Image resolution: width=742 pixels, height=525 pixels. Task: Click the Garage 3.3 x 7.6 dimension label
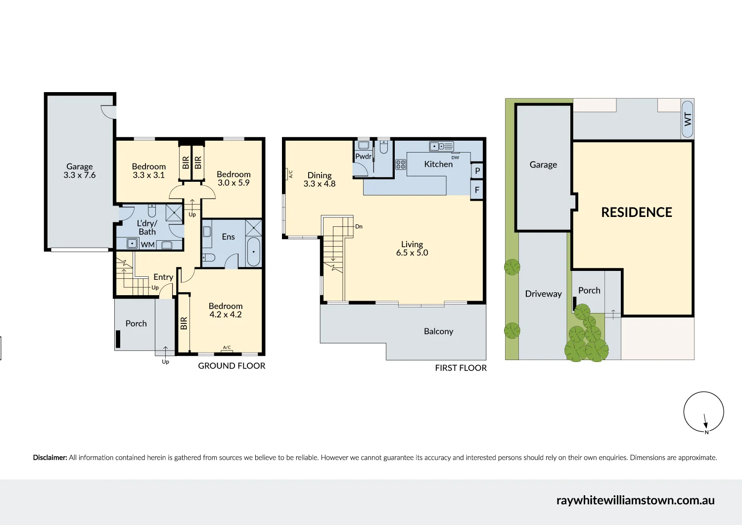pyautogui.click(x=79, y=171)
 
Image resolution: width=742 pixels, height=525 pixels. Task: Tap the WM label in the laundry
pyautogui.click(x=147, y=245)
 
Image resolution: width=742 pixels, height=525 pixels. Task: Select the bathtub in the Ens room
pyautogui.click(x=253, y=252)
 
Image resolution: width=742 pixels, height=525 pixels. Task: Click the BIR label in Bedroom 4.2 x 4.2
pyautogui.click(x=184, y=323)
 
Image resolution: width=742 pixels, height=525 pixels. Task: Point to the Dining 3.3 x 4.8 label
pyautogui.click(x=320, y=179)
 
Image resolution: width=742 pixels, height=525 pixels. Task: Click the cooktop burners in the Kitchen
pyautogui.click(x=401, y=164)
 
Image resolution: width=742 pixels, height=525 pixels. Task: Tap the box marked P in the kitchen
pyautogui.click(x=477, y=171)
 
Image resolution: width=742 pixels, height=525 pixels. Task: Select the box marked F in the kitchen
pyautogui.click(x=477, y=190)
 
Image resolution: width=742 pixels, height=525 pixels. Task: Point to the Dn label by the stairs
pyautogui.click(x=359, y=226)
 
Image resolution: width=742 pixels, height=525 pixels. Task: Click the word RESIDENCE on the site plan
pyautogui.click(x=636, y=212)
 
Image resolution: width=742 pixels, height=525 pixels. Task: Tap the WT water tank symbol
pyautogui.click(x=687, y=119)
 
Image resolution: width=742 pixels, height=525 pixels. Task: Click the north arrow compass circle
pyautogui.click(x=703, y=412)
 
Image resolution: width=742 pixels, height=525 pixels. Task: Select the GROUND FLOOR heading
pyautogui.click(x=232, y=366)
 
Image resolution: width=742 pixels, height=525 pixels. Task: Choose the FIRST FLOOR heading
pyautogui.click(x=461, y=368)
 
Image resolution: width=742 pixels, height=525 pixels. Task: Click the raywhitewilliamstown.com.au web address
pyautogui.click(x=635, y=500)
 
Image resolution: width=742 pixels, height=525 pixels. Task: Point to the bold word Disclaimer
pyautogui.click(x=50, y=458)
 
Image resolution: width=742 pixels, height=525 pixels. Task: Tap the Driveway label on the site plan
pyautogui.click(x=543, y=294)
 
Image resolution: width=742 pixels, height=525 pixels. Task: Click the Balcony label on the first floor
pyautogui.click(x=438, y=331)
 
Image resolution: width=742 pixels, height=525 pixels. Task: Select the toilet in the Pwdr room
pyautogui.click(x=383, y=147)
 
